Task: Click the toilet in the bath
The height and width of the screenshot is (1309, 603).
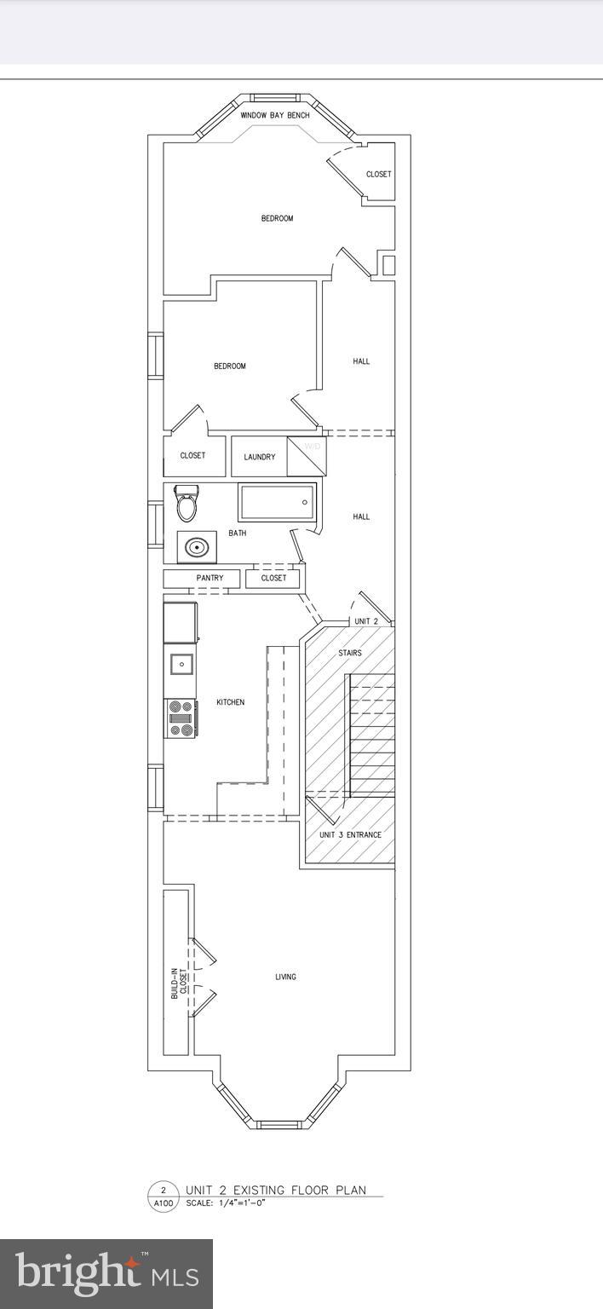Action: tap(186, 504)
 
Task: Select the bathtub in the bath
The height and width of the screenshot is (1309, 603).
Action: tap(278, 502)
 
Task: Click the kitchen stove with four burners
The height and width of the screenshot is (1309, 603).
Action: tap(181, 718)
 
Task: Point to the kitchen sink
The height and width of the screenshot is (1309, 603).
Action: tap(181, 664)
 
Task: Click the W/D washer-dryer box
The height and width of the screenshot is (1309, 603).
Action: tap(306, 456)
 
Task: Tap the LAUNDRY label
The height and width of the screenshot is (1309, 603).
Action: tap(259, 457)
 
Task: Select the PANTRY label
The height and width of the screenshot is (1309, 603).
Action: tap(210, 579)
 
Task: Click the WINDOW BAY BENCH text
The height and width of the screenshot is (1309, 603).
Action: tap(274, 115)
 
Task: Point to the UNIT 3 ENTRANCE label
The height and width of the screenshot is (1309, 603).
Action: tap(350, 835)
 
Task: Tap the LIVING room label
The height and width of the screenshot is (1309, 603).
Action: tap(285, 977)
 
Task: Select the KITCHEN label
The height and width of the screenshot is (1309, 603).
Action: tap(230, 702)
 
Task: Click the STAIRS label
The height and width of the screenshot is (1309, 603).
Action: tap(350, 653)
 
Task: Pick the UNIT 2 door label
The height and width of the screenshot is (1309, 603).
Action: tap(366, 621)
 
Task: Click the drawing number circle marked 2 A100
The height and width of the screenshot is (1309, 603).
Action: tap(162, 1197)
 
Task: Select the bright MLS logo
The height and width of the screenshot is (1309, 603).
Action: tap(106, 1274)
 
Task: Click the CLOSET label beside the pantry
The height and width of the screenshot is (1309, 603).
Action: tap(273, 579)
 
